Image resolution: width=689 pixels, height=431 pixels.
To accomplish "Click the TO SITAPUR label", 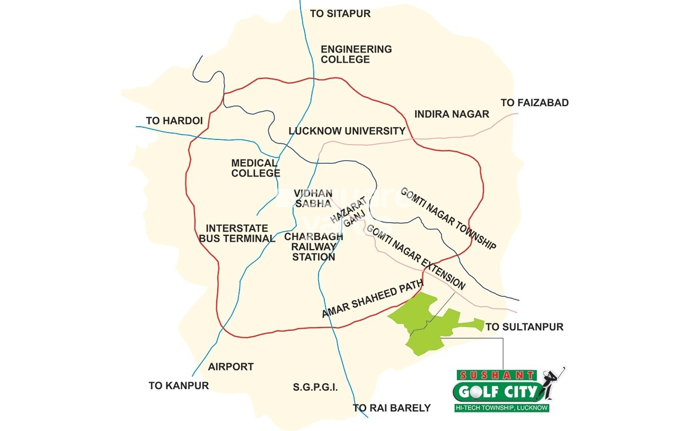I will (340, 14).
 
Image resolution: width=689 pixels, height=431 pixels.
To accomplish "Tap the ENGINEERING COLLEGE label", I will (356, 54).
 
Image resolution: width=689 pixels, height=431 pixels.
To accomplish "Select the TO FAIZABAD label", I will (534, 103).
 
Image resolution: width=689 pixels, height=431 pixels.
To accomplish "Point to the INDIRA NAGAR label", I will (452, 114).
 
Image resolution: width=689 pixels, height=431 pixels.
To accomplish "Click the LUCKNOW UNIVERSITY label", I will (347, 131).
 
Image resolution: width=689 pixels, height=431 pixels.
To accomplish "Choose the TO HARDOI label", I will (174, 121).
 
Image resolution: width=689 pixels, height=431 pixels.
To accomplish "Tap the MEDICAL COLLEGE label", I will (255, 168).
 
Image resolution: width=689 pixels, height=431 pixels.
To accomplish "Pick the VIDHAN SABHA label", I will (314, 198).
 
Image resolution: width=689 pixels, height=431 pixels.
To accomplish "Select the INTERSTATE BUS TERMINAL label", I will (237, 233).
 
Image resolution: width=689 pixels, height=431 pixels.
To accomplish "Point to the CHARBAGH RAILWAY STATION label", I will (314, 247).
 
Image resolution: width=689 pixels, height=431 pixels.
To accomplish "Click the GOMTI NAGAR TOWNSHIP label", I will (448, 218).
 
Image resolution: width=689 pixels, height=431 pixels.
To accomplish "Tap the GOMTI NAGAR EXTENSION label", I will (416, 257).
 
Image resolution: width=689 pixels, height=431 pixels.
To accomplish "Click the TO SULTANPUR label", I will (524, 327).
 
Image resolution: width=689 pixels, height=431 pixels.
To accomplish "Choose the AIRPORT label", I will (231, 366).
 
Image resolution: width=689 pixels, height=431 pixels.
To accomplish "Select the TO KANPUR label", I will (179, 385).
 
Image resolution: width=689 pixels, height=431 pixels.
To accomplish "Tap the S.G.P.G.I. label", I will (315, 388).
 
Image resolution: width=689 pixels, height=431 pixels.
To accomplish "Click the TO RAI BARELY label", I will (392, 408).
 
